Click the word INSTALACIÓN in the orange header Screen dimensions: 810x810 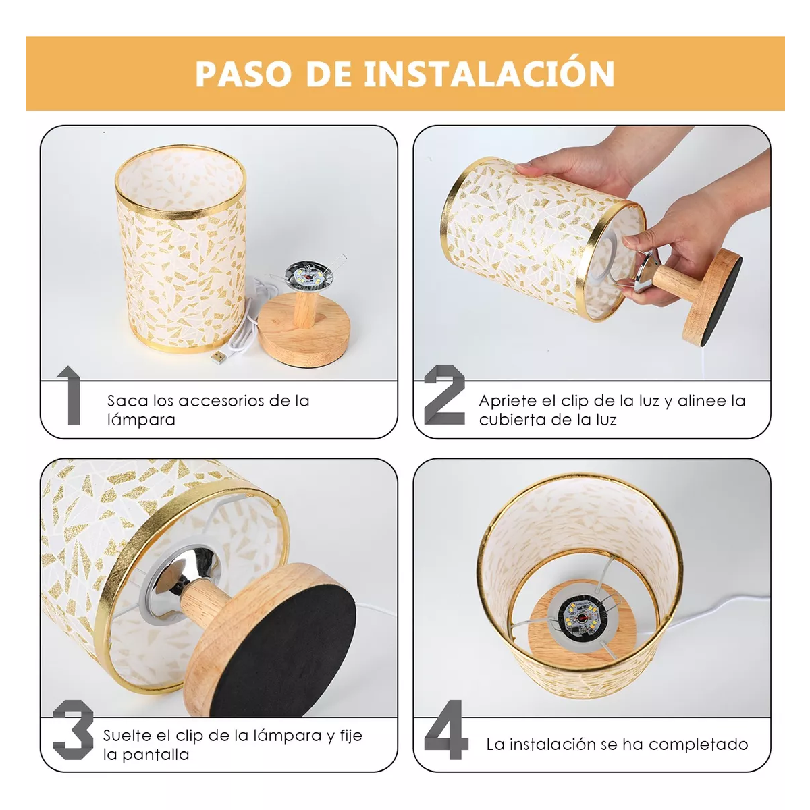point(489,74)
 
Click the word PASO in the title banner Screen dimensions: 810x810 point(243,74)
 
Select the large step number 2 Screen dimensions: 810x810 point(444,395)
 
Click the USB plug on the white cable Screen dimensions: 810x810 point(219,356)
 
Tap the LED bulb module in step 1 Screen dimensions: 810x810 point(307,276)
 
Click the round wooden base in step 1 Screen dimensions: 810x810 point(304,334)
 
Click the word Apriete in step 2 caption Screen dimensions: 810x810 point(507,401)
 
